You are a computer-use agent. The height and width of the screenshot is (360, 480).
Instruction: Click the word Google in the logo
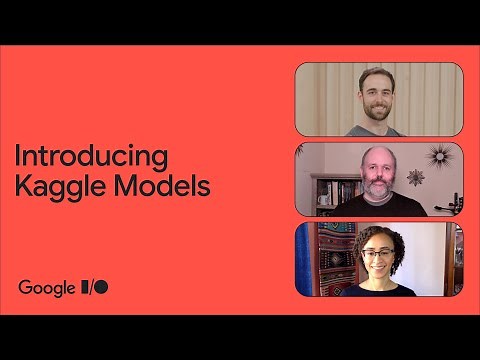[47, 287]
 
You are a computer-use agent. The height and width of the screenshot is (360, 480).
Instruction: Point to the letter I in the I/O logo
[85, 287]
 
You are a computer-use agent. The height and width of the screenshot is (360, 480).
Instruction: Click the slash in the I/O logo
[91, 287]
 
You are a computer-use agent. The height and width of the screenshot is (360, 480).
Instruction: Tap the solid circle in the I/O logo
[101, 287]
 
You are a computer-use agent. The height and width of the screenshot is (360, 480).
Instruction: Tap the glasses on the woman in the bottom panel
[377, 254]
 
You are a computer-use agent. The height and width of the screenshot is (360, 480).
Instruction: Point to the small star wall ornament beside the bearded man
[415, 177]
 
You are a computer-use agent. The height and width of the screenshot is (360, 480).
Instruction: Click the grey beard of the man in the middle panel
[377, 187]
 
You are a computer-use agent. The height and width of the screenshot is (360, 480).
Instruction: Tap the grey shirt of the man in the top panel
[375, 130]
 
